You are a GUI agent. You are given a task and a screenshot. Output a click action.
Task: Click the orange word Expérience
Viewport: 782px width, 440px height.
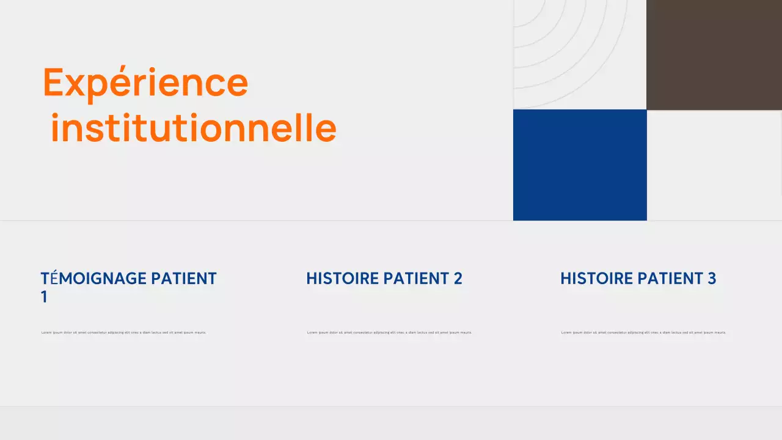pyautogui.click(x=145, y=83)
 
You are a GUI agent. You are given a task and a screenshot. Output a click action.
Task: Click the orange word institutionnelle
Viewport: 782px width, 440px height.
pyautogui.click(x=193, y=128)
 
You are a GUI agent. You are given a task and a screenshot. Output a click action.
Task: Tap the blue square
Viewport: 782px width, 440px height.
pyautogui.click(x=580, y=165)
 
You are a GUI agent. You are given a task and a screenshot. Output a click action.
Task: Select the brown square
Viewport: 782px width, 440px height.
pyautogui.click(x=714, y=54)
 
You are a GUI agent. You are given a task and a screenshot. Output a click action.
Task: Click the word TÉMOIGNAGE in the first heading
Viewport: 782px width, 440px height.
pyautogui.click(x=93, y=279)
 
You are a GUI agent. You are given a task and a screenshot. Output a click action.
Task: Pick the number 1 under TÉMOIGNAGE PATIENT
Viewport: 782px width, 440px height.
pyautogui.click(x=44, y=298)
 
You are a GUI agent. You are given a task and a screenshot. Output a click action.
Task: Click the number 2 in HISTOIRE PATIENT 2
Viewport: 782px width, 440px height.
pyautogui.click(x=458, y=279)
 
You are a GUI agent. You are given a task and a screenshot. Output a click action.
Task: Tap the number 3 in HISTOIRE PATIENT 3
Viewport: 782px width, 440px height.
pyautogui.click(x=712, y=279)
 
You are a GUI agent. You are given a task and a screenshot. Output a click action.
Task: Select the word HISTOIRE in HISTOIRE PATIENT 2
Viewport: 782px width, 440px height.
pyautogui.click(x=342, y=279)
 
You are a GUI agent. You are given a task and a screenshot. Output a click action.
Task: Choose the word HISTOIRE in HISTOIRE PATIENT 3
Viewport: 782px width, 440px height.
pyautogui.click(x=596, y=279)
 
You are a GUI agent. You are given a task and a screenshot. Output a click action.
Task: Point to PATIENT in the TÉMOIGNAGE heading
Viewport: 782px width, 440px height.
pyautogui.click(x=184, y=279)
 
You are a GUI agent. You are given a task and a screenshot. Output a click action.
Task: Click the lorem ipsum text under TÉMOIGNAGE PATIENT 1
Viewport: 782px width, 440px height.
pyautogui.click(x=124, y=332)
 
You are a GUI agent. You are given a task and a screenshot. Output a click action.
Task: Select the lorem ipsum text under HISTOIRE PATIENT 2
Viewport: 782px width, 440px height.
pyautogui.click(x=389, y=332)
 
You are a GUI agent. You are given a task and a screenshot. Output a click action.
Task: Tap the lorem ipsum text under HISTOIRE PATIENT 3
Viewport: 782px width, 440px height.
pyautogui.click(x=643, y=332)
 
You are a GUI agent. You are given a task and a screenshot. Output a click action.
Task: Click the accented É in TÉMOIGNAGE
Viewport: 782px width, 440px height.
pyautogui.click(x=54, y=279)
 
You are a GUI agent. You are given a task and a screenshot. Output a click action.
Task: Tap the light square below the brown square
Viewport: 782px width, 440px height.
pyautogui.click(x=714, y=165)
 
